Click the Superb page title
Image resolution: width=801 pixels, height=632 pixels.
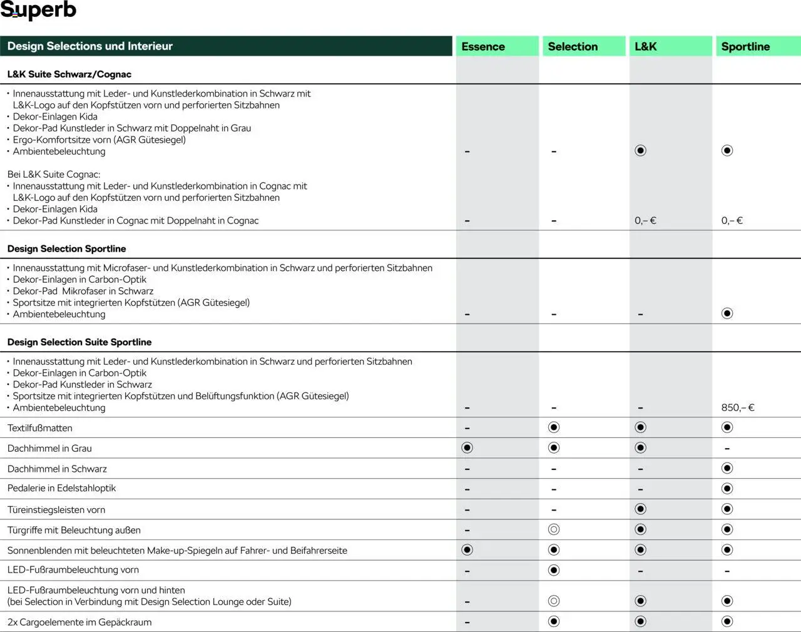(x=38, y=10)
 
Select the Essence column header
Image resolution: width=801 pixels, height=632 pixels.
(x=483, y=46)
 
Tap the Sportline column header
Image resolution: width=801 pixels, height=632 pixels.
(x=745, y=46)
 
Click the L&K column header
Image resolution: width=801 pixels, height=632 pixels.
(x=645, y=46)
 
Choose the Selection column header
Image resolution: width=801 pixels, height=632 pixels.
(x=573, y=46)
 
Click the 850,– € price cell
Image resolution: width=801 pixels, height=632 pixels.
(x=738, y=407)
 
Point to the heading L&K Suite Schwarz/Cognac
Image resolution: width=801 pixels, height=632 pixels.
(x=69, y=74)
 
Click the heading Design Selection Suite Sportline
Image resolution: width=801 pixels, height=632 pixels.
(x=79, y=342)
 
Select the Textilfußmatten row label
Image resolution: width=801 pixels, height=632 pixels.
(x=40, y=428)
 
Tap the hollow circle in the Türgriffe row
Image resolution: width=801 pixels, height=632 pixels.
(x=554, y=529)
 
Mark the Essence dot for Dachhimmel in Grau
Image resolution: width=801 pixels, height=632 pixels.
(x=467, y=447)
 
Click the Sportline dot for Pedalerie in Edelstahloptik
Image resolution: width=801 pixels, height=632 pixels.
(x=727, y=488)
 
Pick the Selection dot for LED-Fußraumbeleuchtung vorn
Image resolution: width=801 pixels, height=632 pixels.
(x=554, y=570)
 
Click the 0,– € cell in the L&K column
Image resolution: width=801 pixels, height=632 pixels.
(x=645, y=220)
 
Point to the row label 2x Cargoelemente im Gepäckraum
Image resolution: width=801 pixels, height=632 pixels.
(x=79, y=622)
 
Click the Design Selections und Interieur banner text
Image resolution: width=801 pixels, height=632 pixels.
(x=90, y=46)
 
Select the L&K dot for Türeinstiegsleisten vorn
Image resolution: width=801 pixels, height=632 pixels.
(x=640, y=509)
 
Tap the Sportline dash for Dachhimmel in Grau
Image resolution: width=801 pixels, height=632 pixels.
(x=727, y=449)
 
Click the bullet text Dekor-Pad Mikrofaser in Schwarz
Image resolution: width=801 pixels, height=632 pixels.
(x=83, y=291)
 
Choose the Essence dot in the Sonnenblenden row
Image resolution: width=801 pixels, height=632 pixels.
(x=467, y=549)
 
